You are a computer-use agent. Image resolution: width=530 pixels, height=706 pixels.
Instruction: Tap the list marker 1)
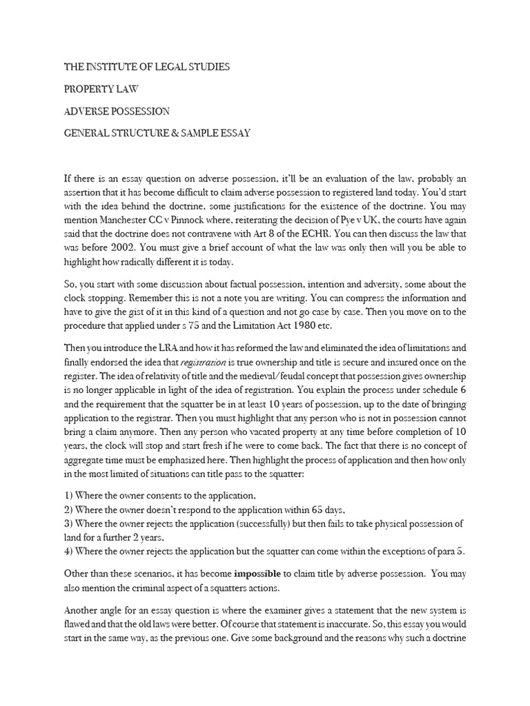(69, 494)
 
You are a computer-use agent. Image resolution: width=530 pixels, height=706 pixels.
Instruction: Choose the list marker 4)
(69, 552)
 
